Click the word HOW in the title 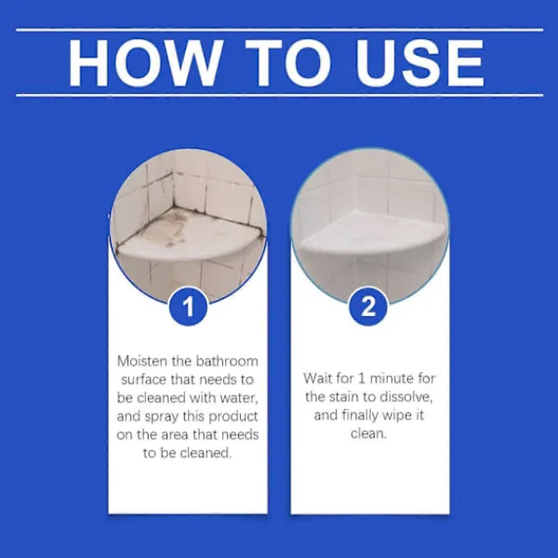[x=144, y=63]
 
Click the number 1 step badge [x=188, y=306]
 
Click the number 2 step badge [x=368, y=306]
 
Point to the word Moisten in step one [x=142, y=361]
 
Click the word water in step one [x=239, y=398]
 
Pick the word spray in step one [x=162, y=417]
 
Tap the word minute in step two [x=392, y=379]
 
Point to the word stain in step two [x=346, y=397]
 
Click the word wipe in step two [x=397, y=416]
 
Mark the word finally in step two [x=360, y=416]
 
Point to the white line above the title [x=279, y=30]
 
